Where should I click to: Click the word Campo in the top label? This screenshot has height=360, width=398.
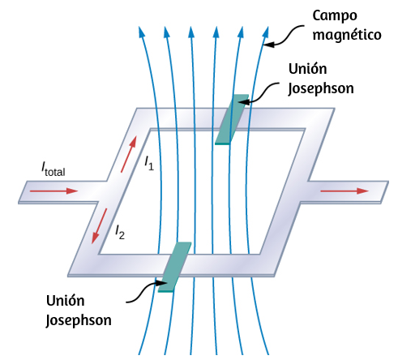click(x=335, y=16)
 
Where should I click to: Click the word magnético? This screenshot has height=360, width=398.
click(x=347, y=35)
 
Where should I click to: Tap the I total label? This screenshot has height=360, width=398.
click(x=53, y=169)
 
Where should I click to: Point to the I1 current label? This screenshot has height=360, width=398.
click(x=149, y=163)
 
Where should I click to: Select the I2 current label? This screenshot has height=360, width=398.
click(x=120, y=232)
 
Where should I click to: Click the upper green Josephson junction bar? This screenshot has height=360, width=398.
click(x=232, y=119)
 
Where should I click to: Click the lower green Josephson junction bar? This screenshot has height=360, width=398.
click(x=174, y=267)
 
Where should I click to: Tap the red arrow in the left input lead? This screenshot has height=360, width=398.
click(x=53, y=191)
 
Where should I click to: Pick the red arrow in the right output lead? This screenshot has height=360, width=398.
click(x=345, y=191)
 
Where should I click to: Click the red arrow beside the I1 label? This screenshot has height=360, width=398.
click(x=128, y=154)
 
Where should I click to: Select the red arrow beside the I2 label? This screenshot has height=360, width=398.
click(x=100, y=226)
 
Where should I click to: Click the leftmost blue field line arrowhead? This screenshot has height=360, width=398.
click(x=141, y=32)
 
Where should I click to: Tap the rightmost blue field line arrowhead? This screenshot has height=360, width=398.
click(x=266, y=32)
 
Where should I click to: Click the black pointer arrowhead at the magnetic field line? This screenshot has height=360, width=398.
click(x=269, y=44)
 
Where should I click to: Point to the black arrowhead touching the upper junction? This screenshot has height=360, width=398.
click(x=244, y=102)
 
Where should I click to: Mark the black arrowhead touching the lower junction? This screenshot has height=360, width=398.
click(x=163, y=283)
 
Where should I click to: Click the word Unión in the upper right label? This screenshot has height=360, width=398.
click(x=308, y=69)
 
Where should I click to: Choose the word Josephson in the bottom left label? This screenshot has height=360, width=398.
click(x=79, y=320)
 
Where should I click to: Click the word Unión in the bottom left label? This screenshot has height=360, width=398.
click(x=66, y=301)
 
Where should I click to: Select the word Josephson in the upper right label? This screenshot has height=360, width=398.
click(x=321, y=88)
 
